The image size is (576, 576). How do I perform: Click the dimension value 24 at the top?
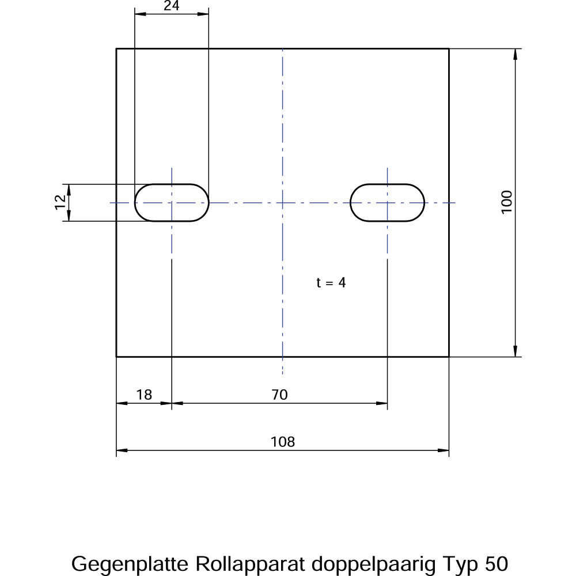click(x=172, y=6)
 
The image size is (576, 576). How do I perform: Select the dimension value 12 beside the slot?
click(x=60, y=202)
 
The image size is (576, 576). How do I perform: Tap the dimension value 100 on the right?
click(x=506, y=202)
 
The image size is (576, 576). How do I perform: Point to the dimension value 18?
click(x=144, y=395)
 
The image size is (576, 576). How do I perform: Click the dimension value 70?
click(x=279, y=395)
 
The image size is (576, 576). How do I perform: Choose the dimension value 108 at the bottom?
click(x=282, y=442)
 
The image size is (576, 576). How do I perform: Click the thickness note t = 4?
click(x=331, y=282)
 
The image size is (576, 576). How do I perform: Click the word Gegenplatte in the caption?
click(x=130, y=564)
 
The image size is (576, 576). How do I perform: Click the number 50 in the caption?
click(x=497, y=564)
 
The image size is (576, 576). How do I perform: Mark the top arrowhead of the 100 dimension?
click(x=516, y=54)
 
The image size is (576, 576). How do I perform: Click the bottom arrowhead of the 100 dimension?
click(x=516, y=351)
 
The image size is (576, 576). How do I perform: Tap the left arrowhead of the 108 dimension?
click(x=122, y=450)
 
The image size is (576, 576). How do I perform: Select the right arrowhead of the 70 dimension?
click(x=382, y=403)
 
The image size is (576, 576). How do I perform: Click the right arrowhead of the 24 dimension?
click(x=203, y=14)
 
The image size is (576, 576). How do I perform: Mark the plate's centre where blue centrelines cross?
click(x=282, y=203)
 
